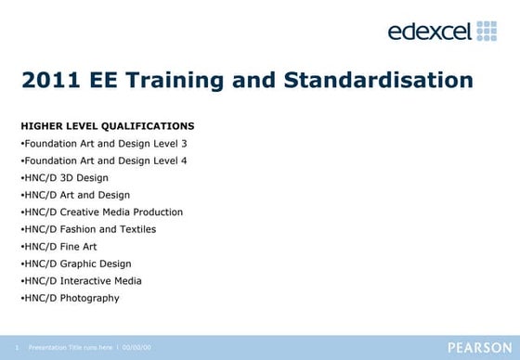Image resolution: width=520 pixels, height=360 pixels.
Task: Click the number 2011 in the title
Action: pyautogui.click(x=50, y=81)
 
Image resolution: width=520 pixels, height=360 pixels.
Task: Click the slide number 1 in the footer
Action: pyautogui.click(x=17, y=348)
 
